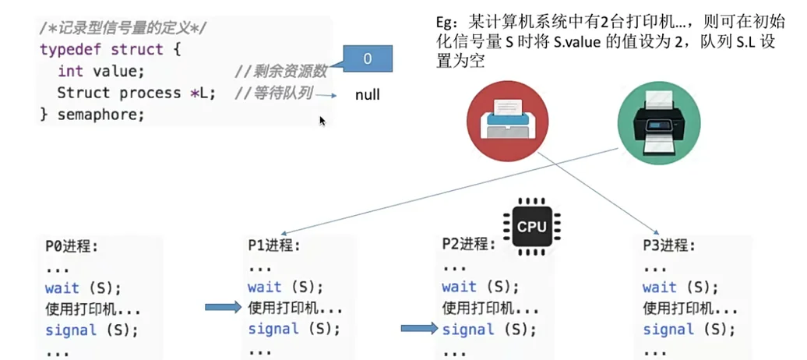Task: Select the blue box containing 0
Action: [367, 60]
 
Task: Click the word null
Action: [367, 95]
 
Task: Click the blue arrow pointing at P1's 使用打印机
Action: [223, 308]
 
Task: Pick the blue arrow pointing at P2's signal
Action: [419, 329]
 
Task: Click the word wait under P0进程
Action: [62, 288]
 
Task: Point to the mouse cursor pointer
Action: [322, 120]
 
